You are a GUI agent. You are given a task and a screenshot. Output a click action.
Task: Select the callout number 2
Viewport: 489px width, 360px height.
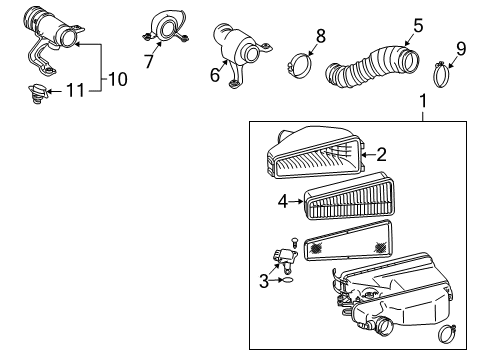(x=381, y=154)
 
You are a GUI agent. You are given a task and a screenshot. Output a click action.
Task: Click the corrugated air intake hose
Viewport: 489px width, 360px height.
(x=375, y=68)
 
